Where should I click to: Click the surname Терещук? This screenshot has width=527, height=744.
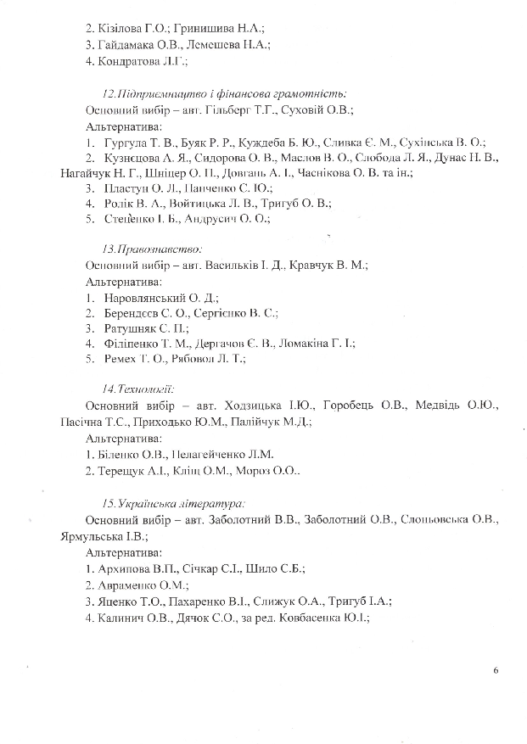pos(122,470)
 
